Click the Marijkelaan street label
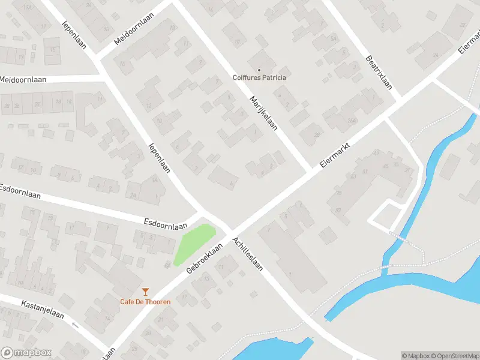coord(263,113)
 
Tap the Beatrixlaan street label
coord(379,73)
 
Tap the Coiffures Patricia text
coord(259,77)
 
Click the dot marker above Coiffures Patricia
coord(259,70)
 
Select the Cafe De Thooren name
coord(145,301)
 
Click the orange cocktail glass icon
coord(145,292)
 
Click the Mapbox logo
coord(26,353)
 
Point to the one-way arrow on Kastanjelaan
coord(75,325)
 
